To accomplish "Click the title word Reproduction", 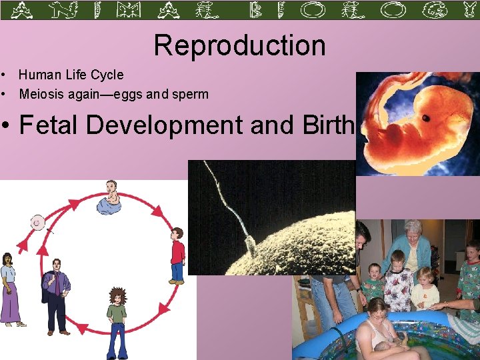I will pos(240,45).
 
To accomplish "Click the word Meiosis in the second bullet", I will pos(41,94).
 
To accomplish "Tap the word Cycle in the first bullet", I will pos(108,75).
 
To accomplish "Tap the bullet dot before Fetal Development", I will pos(7,125).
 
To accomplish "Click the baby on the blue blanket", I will pos(109,198).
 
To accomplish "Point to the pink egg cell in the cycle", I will pos(39,222).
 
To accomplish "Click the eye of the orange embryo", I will pos(425,118).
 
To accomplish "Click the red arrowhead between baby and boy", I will pos(158,212).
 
